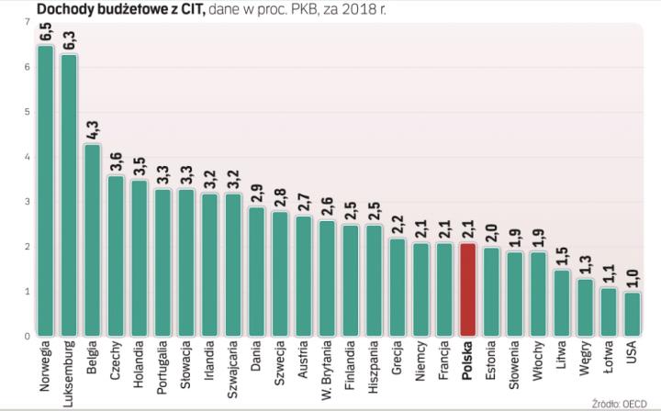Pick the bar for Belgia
(x=93, y=239)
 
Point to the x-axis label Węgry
(x=586, y=361)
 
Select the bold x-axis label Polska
(x=468, y=361)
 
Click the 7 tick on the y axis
(x=27, y=22)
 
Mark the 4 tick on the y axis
(x=27, y=157)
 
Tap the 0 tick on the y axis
(x=27, y=336)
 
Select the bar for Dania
(x=257, y=272)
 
